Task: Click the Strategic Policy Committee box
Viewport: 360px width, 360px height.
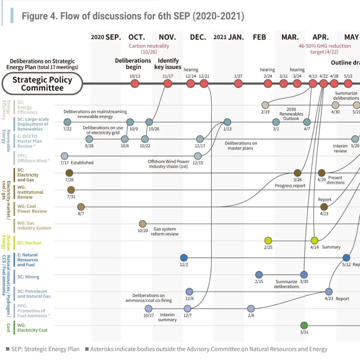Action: (x=42, y=84)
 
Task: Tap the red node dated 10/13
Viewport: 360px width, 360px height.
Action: (x=135, y=83)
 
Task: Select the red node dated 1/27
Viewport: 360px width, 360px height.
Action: (x=238, y=83)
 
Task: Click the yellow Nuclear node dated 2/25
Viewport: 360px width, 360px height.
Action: (x=268, y=240)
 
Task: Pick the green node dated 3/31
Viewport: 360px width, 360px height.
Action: (x=304, y=325)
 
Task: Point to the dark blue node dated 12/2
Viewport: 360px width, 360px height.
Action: (x=184, y=257)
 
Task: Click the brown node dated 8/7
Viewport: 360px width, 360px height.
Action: (x=81, y=207)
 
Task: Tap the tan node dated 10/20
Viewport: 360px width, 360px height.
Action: (x=142, y=224)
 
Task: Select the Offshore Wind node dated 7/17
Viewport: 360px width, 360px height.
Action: (x=64, y=156)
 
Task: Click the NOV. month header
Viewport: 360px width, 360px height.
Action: (x=167, y=37)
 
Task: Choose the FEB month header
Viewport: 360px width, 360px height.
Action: (x=259, y=37)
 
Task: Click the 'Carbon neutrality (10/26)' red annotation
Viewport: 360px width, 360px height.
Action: (x=149, y=49)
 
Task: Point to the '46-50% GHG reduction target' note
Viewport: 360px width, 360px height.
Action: (x=324, y=49)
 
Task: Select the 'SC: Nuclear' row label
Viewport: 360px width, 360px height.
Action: (x=29, y=243)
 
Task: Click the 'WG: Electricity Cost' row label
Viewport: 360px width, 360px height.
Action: (x=32, y=328)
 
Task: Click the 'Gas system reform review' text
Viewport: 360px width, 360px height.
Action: (x=165, y=231)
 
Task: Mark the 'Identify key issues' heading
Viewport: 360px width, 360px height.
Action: (x=168, y=64)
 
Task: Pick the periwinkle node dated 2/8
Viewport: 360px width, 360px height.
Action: (x=251, y=309)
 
